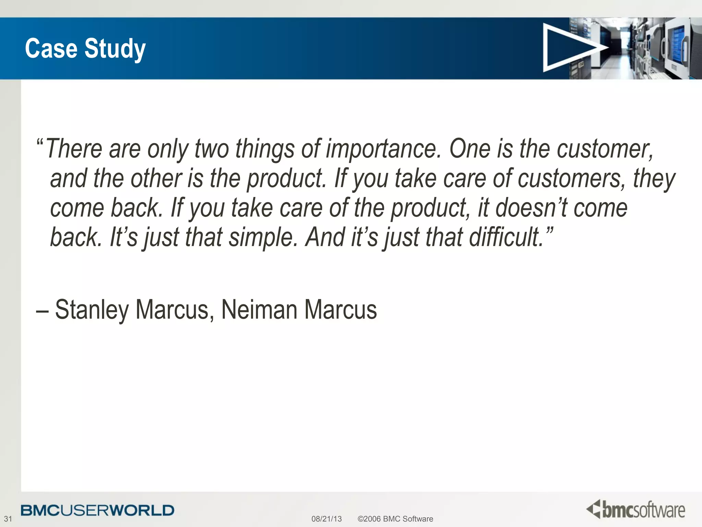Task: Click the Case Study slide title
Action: click(x=85, y=49)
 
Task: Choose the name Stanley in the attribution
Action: click(x=92, y=310)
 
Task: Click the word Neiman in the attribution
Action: click(x=259, y=310)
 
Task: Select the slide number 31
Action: click(x=8, y=519)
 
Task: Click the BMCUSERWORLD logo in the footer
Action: click(x=97, y=510)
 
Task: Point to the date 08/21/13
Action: click(x=326, y=519)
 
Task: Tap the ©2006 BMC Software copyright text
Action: click(x=395, y=519)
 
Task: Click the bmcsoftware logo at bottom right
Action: click(x=636, y=510)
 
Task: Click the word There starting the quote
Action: click(x=74, y=149)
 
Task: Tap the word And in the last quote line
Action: click(x=325, y=237)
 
